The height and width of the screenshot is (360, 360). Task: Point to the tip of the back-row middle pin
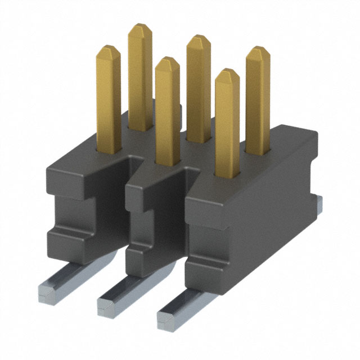[x=199, y=40]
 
